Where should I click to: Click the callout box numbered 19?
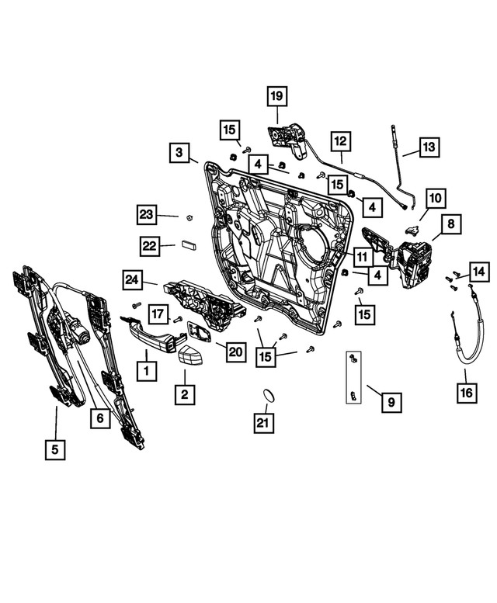click(277, 97)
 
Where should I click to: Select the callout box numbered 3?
click(179, 153)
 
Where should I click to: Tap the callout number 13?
click(429, 147)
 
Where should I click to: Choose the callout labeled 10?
click(433, 199)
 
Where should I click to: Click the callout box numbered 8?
click(450, 224)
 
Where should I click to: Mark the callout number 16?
click(465, 395)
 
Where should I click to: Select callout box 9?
click(391, 402)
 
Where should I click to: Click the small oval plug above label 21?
click(266, 395)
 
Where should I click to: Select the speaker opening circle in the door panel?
click(311, 245)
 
